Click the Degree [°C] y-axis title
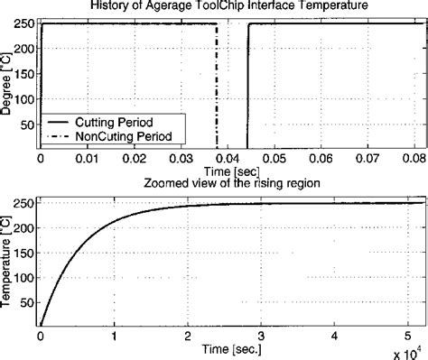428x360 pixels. tap(8, 81)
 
